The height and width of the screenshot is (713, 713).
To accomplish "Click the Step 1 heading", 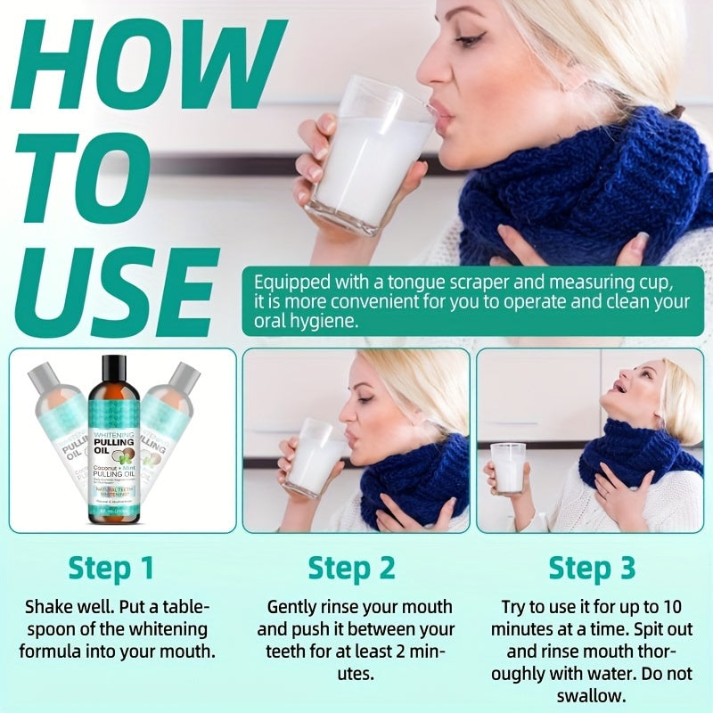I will [111, 568].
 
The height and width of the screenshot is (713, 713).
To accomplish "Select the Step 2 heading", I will [351, 568].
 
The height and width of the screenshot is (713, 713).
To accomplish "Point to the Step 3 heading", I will [592, 568].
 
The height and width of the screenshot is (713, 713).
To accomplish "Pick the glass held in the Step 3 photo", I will [508, 467].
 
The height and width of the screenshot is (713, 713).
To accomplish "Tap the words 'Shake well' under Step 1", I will [64, 607].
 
